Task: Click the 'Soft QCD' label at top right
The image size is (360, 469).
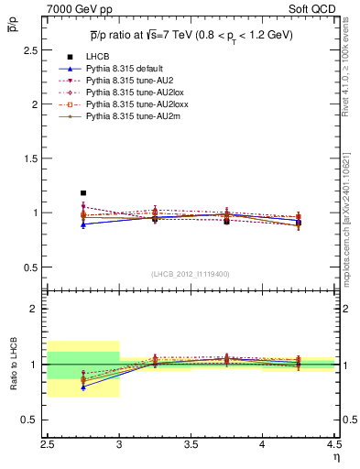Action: pyautogui.click(x=317, y=8)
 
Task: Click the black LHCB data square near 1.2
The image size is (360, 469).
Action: pyautogui.click(x=83, y=193)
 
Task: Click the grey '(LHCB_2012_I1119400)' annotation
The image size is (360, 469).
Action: pyautogui.click(x=191, y=274)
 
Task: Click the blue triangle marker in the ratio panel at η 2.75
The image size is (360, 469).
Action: pyautogui.click(x=83, y=387)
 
